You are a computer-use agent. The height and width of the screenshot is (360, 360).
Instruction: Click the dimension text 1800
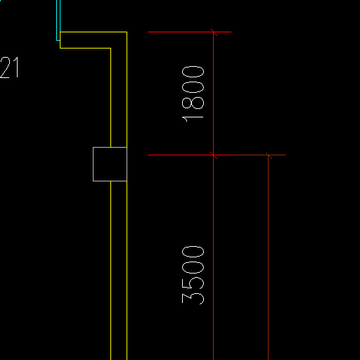click(x=193, y=94)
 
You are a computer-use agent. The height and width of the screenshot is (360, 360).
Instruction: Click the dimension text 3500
click(x=193, y=275)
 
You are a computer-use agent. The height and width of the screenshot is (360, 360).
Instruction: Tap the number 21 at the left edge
click(x=9, y=67)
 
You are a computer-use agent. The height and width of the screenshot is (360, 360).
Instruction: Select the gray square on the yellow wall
click(x=110, y=164)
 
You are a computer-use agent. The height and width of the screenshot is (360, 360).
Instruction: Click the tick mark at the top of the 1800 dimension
click(x=214, y=32)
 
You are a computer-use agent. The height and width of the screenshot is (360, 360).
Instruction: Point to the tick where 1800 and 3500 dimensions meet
click(x=214, y=155)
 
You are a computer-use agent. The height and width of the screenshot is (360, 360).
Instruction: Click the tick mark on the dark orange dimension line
click(x=269, y=155)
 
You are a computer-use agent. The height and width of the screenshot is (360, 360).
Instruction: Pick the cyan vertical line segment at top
click(x=58, y=20)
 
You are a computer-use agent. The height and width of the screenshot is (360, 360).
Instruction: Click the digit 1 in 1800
click(x=193, y=119)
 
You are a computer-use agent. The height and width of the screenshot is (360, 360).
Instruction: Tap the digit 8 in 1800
click(x=193, y=103)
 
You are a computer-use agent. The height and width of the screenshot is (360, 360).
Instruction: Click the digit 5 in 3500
click(x=193, y=283)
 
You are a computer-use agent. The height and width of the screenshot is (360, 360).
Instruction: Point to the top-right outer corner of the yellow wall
click(x=127, y=32)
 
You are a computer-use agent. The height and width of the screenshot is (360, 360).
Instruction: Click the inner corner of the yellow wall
click(x=110, y=49)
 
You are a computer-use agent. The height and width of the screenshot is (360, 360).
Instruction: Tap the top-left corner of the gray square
click(x=94, y=148)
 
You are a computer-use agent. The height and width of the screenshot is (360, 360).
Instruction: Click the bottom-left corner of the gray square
click(x=94, y=181)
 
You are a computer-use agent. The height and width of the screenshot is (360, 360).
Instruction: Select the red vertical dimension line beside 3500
click(x=214, y=257)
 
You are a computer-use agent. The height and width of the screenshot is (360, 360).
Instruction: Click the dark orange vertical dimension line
click(x=269, y=257)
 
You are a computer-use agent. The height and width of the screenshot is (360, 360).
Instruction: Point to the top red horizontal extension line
click(x=189, y=32)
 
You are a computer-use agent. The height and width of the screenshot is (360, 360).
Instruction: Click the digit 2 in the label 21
click(x=5, y=67)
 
